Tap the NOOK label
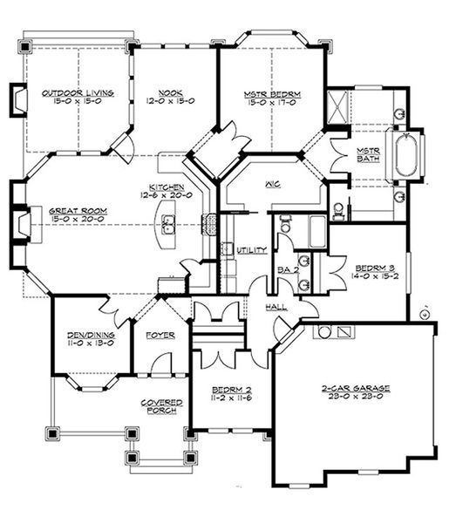point(169,92)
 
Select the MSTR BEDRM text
point(271,92)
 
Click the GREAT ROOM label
point(78,210)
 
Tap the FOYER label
point(160,335)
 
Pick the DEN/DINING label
point(90,335)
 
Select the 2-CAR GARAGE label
point(356,388)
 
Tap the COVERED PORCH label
point(160,406)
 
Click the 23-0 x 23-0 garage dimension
point(356,397)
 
